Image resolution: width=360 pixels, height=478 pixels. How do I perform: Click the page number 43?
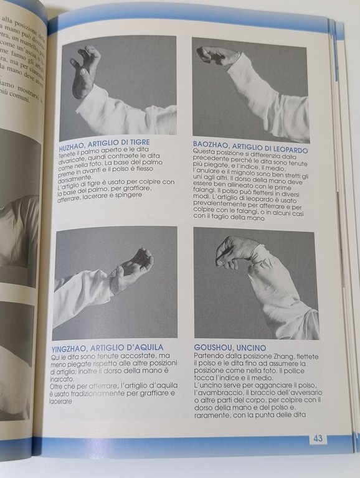click(x=318, y=438)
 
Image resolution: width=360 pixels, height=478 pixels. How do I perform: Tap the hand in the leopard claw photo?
click(x=217, y=56)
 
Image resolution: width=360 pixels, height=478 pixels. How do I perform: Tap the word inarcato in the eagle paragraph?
click(x=70, y=377)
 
